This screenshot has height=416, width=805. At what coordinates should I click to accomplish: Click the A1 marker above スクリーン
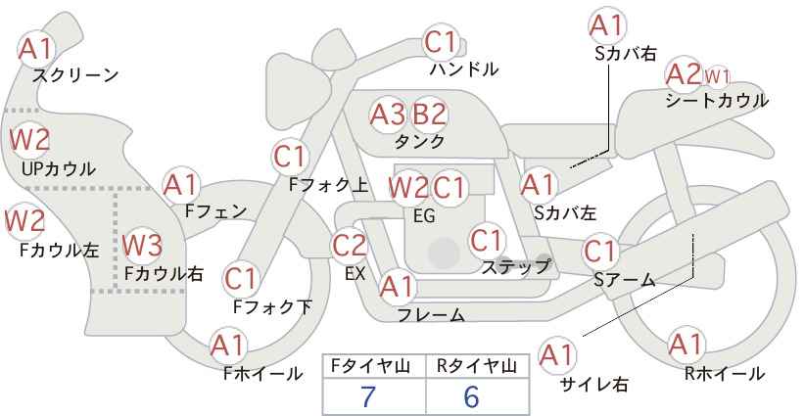[x=36, y=49]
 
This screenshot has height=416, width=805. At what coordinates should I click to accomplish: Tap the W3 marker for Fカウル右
[x=142, y=245]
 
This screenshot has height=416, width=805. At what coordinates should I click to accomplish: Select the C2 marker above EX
[x=350, y=246]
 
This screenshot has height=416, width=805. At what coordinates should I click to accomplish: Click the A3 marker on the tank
[x=388, y=115]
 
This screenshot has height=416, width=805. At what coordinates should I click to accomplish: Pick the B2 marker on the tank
[x=430, y=115]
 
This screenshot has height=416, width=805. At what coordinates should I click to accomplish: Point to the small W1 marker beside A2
[x=717, y=77]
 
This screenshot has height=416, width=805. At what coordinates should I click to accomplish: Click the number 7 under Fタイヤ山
[x=368, y=396]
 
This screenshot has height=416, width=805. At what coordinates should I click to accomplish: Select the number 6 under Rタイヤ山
[x=471, y=396]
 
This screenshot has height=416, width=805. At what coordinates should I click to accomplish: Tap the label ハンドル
[x=463, y=69]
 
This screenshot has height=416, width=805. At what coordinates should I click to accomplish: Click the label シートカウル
[x=717, y=100]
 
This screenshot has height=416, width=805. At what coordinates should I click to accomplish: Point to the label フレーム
[x=431, y=314]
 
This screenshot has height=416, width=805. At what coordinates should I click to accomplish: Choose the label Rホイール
[x=725, y=374]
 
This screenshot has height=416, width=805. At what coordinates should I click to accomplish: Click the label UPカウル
[x=59, y=168]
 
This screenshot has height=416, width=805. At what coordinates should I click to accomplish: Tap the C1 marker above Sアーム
[x=600, y=252]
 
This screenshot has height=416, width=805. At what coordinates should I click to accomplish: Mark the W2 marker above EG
[x=407, y=188]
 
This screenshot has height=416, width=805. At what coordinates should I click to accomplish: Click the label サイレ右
[x=593, y=385]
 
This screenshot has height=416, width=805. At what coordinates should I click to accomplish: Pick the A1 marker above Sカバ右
[x=608, y=25]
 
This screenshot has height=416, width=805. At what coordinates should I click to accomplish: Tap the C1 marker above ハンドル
[x=441, y=42]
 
